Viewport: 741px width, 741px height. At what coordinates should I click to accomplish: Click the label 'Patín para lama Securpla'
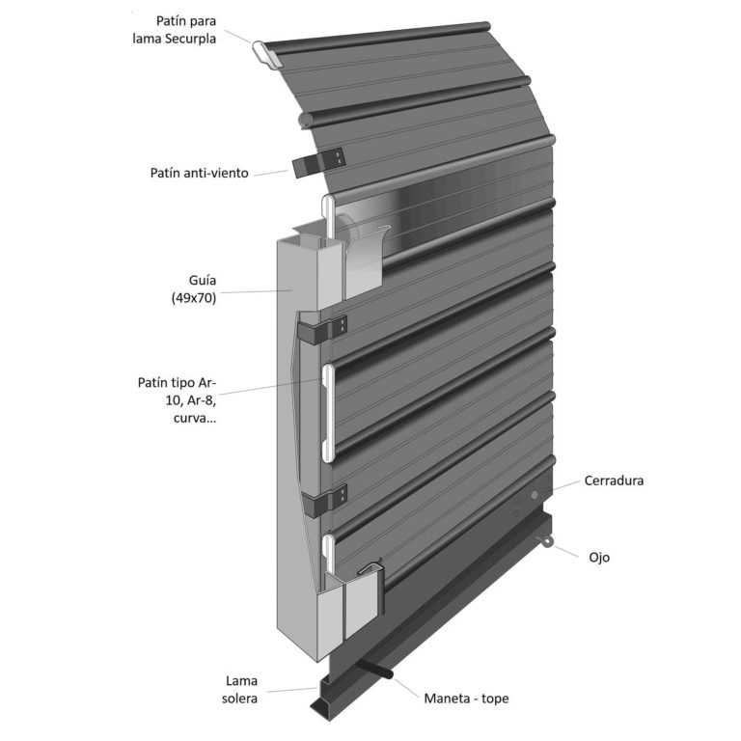[174, 30]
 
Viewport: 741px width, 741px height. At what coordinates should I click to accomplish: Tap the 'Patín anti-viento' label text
[199, 173]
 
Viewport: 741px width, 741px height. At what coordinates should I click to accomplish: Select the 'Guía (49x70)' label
[194, 288]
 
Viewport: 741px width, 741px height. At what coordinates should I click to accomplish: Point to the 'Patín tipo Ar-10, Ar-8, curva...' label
[178, 400]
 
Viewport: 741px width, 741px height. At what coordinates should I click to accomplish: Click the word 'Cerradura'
[614, 480]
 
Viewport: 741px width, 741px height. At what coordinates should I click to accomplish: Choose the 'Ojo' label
[599, 558]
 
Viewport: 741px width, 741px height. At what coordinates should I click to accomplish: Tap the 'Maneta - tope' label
[466, 699]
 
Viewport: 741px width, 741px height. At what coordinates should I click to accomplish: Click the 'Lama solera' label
[239, 690]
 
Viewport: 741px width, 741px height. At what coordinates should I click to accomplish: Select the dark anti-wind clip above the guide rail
[318, 162]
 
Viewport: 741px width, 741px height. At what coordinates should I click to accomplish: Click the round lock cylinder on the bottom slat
[535, 495]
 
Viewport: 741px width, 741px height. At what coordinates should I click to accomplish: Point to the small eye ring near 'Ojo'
[545, 541]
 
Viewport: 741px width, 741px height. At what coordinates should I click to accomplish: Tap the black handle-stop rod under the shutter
[374, 669]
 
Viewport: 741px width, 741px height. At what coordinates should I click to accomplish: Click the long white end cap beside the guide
[328, 412]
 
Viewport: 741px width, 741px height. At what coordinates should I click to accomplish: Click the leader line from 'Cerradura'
[566, 485]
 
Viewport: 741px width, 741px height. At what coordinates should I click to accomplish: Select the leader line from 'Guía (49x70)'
[256, 292]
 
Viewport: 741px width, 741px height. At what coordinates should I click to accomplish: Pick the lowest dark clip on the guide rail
[324, 501]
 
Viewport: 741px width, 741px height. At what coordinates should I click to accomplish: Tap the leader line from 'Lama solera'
[291, 690]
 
